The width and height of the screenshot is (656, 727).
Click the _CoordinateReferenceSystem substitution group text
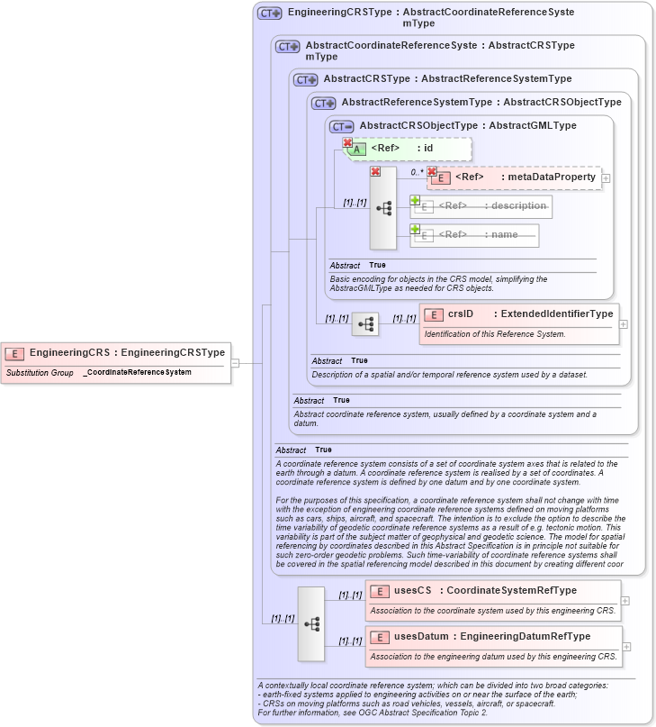coord(137,372)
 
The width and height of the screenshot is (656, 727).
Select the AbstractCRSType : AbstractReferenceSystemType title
coord(447,79)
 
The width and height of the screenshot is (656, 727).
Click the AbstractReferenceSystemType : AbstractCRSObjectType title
coord(481,103)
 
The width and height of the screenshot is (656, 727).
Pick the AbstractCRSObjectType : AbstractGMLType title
coord(468,126)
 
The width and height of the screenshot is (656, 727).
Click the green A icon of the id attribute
coord(357,149)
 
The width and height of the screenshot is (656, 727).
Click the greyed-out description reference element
coord(481,206)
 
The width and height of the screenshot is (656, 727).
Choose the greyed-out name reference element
coord(474,235)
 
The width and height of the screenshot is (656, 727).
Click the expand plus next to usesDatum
coord(627,647)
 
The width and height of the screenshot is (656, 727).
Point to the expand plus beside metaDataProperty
coord(606,178)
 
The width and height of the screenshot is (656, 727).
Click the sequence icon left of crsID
coord(364,324)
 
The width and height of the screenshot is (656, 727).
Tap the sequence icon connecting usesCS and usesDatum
coord(311,623)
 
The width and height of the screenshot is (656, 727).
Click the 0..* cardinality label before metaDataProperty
coord(417,172)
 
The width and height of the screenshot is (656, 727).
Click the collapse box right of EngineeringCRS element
coord(235,363)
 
